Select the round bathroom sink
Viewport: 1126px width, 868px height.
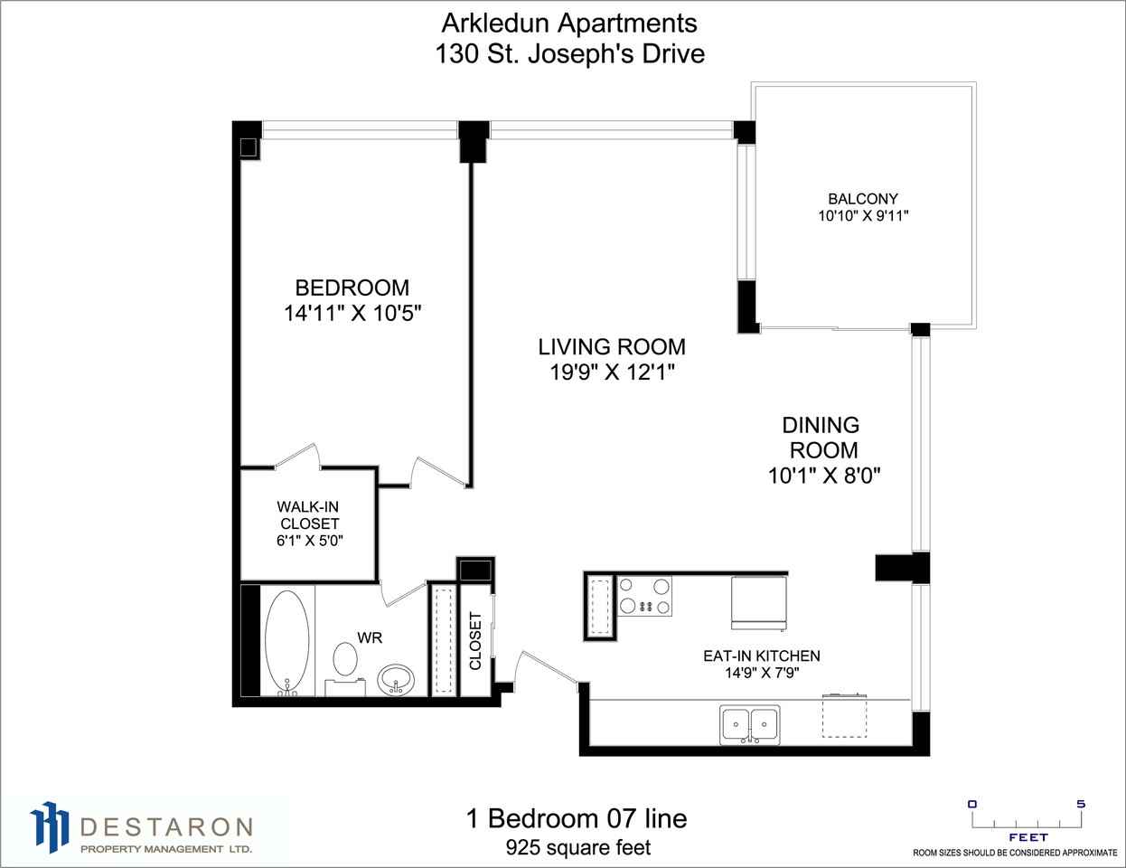(x=396, y=679)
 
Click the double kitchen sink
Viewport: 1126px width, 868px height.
(x=750, y=724)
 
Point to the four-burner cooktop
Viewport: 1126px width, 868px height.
(x=644, y=596)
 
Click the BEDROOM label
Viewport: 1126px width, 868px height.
(x=352, y=288)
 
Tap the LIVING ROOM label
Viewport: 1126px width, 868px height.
(x=612, y=346)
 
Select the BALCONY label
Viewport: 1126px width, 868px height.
(x=863, y=199)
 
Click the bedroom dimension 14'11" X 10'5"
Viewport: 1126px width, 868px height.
(x=352, y=313)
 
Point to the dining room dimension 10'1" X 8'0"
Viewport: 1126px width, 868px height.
(x=824, y=476)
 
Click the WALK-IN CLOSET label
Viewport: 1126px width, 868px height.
(x=308, y=514)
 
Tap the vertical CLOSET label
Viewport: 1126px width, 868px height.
(x=475, y=640)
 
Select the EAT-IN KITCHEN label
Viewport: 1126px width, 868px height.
(x=762, y=656)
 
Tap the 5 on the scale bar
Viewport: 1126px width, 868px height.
(x=1081, y=805)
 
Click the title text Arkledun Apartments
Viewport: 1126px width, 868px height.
(x=569, y=24)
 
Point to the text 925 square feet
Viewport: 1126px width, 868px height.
(x=577, y=847)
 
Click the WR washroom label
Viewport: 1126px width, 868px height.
(x=370, y=637)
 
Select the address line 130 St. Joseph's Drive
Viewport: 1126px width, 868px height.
(x=570, y=54)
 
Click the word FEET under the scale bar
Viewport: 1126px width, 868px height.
(x=1028, y=837)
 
